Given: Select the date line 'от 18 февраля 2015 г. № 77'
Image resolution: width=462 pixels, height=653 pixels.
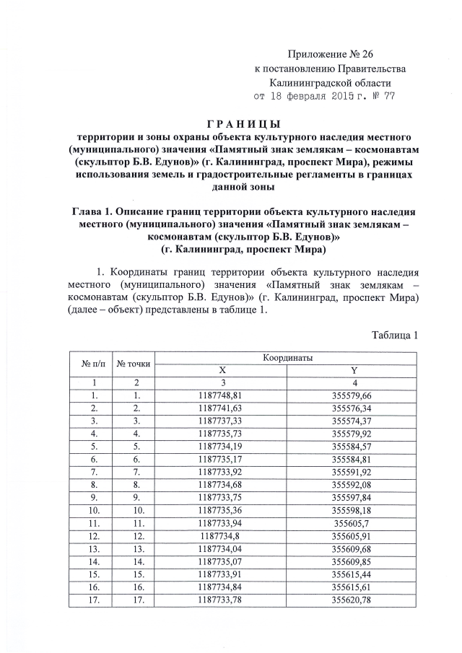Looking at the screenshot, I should [324, 95].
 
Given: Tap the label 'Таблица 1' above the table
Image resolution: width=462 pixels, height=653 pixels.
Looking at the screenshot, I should [395, 335].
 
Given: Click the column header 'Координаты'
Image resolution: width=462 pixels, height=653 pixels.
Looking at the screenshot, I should [287, 358].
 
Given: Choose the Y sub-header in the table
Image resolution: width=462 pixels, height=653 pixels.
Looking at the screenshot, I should [352, 369].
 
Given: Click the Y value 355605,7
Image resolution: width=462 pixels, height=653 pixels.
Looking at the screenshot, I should [352, 523].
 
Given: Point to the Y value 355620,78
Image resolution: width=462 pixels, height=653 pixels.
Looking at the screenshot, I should [352, 600].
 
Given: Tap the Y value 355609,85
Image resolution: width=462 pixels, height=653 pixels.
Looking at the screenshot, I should [352, 561].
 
